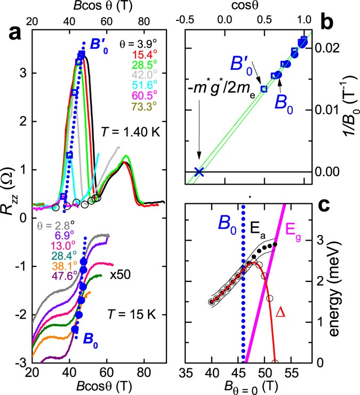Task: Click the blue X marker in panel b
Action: tap(199, 172)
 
